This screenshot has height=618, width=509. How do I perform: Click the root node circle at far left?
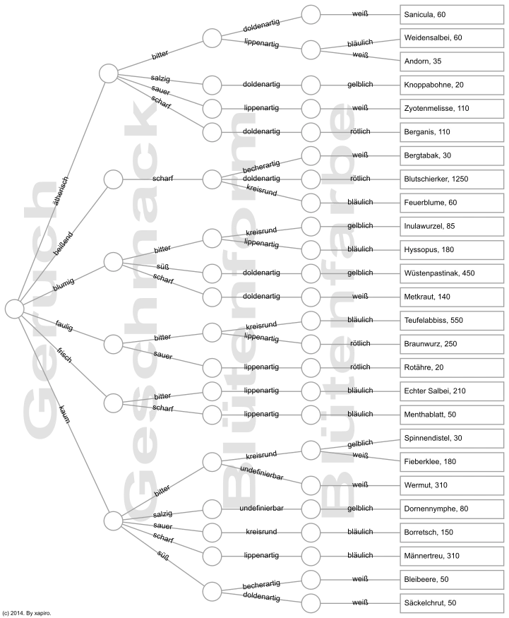pyautogui.click(x=14, y=309)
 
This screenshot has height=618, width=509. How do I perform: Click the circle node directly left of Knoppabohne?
pyautogui.click(x=311, y=85)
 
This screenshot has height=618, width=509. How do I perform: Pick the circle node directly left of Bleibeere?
pyautogui.click(x=311, y=579)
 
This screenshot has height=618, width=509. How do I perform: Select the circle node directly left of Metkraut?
pyautogui.click(x=311, y=297)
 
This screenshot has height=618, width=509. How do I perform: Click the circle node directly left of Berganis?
pyautogui.click(x=311, y=132)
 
